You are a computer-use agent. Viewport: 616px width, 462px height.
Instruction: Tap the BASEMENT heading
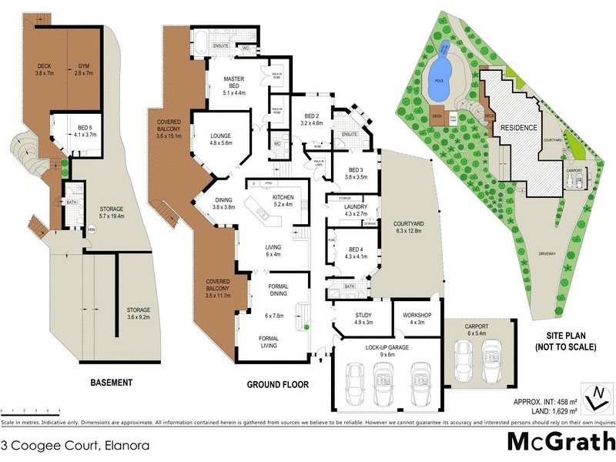[111, 382]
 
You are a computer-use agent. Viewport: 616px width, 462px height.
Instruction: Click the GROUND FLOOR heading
[277, 383]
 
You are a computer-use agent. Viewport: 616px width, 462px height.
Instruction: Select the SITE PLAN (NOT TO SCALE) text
[565, 342]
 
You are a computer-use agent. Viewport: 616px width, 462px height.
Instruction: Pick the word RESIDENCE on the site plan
[518, 127]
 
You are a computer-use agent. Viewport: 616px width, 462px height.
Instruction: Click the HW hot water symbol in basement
[91, 229]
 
